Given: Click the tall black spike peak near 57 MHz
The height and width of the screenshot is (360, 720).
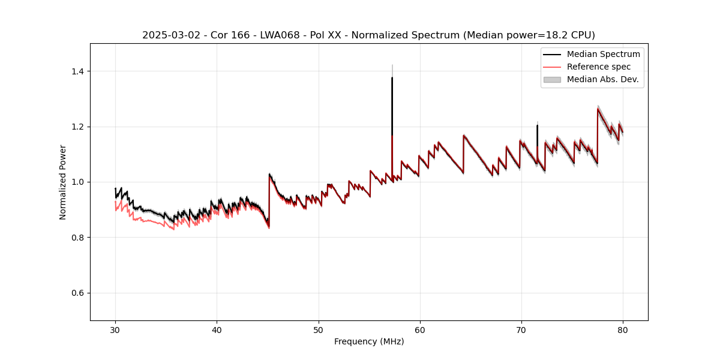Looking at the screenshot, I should [x=392, y=78].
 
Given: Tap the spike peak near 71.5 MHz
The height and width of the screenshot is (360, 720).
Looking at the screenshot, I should [x=537, y=125].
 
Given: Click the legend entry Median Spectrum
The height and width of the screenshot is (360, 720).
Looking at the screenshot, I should [x=603, y=54].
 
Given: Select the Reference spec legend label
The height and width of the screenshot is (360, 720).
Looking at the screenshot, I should [x=598, y=67].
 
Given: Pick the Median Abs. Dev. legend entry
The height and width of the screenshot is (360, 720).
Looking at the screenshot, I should [x=602, y=79].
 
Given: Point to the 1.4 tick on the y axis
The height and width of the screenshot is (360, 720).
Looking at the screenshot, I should [x=77, y=71].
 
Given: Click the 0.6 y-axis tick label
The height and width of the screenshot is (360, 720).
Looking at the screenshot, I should [x=77, y=293].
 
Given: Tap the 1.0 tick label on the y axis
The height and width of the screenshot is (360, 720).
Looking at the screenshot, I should [x=77, y=182].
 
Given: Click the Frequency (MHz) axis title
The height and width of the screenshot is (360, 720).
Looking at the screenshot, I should [x=369, y=341].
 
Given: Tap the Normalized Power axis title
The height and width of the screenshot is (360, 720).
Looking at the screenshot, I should [x=63, y=182].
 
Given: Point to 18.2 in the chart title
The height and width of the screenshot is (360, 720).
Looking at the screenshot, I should [x=560, y=35].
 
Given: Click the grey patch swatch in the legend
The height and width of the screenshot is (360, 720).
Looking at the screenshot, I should [x=552, y=79].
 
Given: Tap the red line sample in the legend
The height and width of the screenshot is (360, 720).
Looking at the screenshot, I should [x=552, y=67].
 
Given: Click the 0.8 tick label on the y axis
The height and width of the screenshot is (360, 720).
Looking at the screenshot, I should [x=77, y=238].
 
